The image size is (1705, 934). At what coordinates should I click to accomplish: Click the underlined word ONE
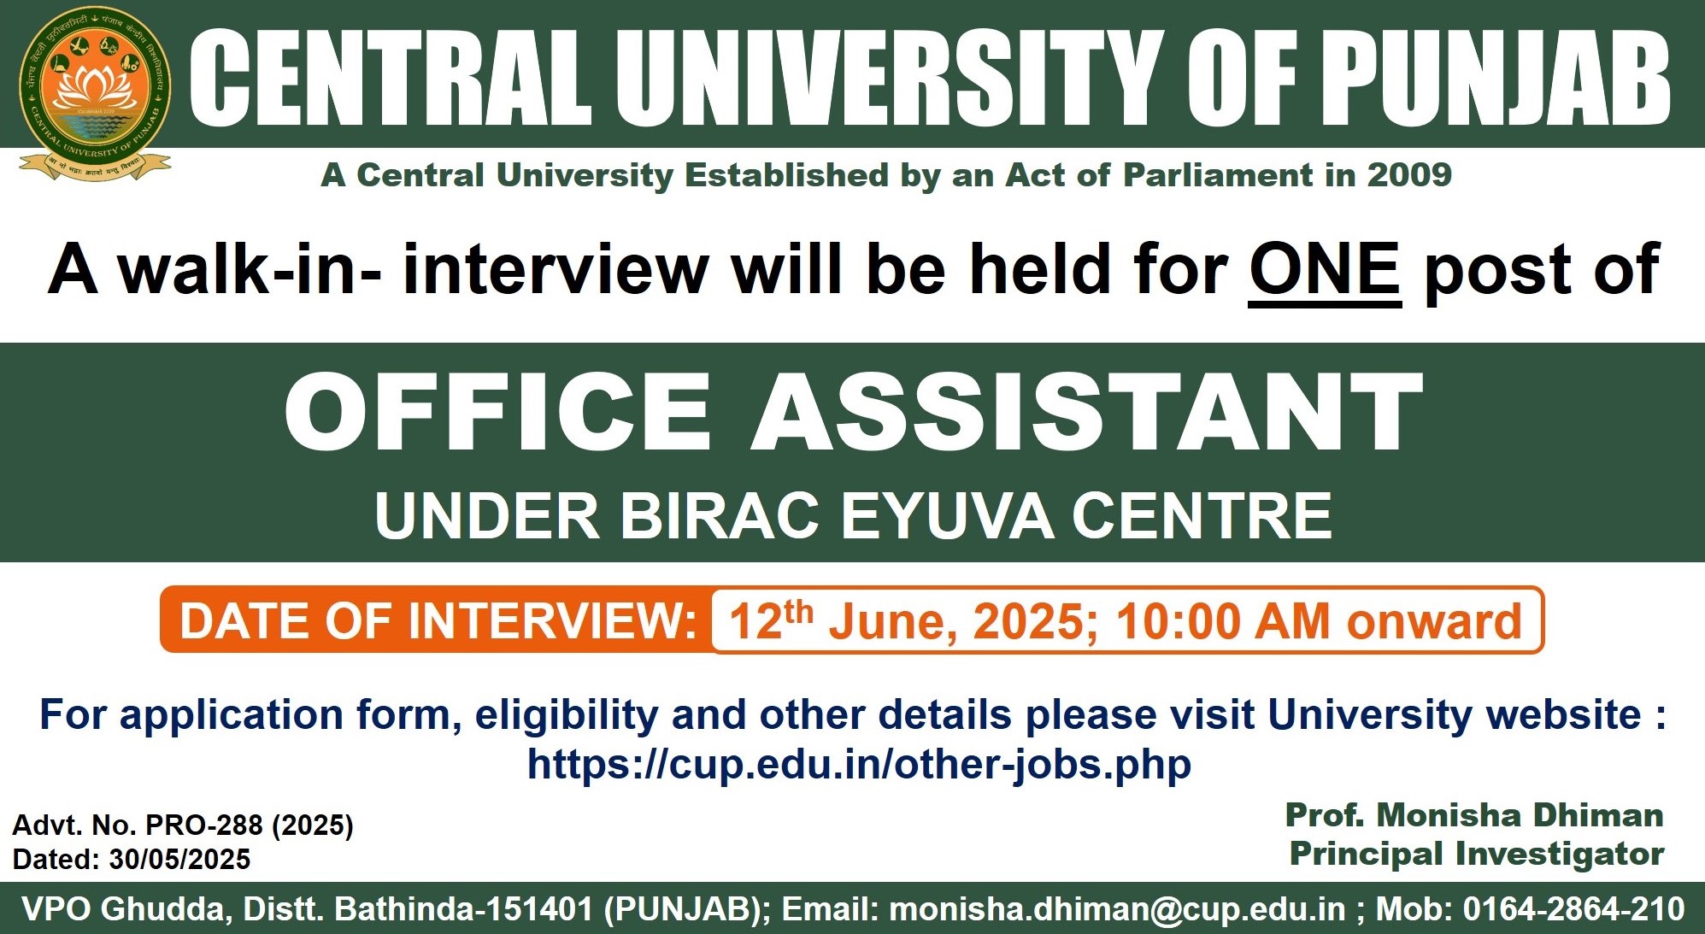pos(1325,269)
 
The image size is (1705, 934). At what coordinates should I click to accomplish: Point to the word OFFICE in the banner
pos(497,411)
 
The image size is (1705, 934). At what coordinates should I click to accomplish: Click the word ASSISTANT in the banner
pos(1087,411)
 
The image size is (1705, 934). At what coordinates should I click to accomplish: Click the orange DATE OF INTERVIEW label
pos(438,621)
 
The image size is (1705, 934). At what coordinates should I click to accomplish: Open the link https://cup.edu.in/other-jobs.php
pos(859,764)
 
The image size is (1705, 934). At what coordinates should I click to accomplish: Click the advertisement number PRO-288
pos(205,825)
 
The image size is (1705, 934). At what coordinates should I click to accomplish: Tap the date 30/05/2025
pos(179,860)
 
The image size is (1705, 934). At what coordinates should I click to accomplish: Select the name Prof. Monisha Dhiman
pos(1474,815)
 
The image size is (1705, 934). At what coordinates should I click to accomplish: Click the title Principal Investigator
pos(1477,854)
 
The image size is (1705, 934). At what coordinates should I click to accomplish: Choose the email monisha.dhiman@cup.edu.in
pos(1117,909)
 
